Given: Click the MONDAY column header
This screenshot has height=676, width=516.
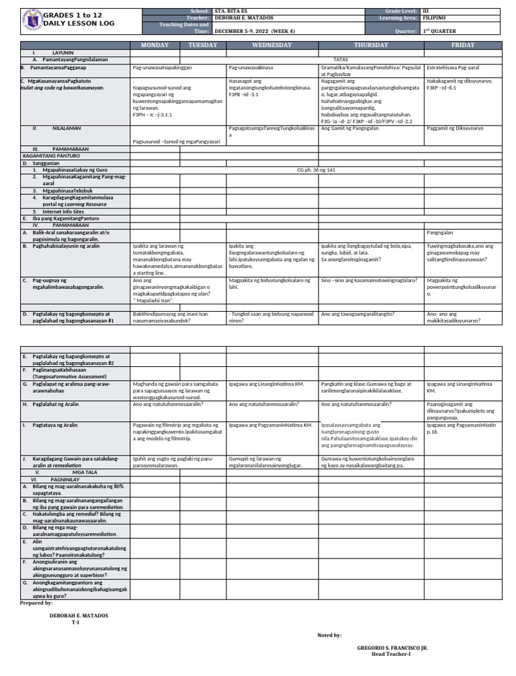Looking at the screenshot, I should coord(155,45).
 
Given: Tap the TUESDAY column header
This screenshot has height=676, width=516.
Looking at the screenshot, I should coord(203,45).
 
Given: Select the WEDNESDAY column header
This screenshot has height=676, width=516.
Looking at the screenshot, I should coord(272,45).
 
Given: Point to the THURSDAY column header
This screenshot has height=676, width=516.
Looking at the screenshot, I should coord(371,45).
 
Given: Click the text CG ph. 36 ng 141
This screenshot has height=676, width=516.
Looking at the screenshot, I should coord(316,170).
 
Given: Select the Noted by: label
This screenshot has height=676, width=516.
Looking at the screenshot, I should coord(329,634).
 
